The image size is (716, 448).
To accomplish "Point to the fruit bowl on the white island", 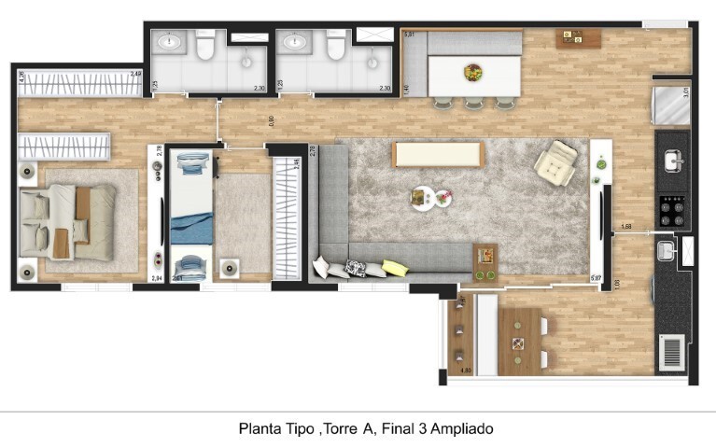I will click(474, 71).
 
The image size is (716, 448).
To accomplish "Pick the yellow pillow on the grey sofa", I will click(395, 268).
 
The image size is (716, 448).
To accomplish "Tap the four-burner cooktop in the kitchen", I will click(672, 209).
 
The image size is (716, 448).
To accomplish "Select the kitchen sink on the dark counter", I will click(671, 161).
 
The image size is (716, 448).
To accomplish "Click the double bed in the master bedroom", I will click(67, 222).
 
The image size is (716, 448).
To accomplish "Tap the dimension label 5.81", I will click(408, 35).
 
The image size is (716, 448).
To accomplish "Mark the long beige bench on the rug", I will click(438, 154).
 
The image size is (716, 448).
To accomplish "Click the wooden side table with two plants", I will click(484, 261).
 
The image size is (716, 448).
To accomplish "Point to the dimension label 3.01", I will click(685, 92).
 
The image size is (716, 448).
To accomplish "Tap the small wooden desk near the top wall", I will click(569, 39).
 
